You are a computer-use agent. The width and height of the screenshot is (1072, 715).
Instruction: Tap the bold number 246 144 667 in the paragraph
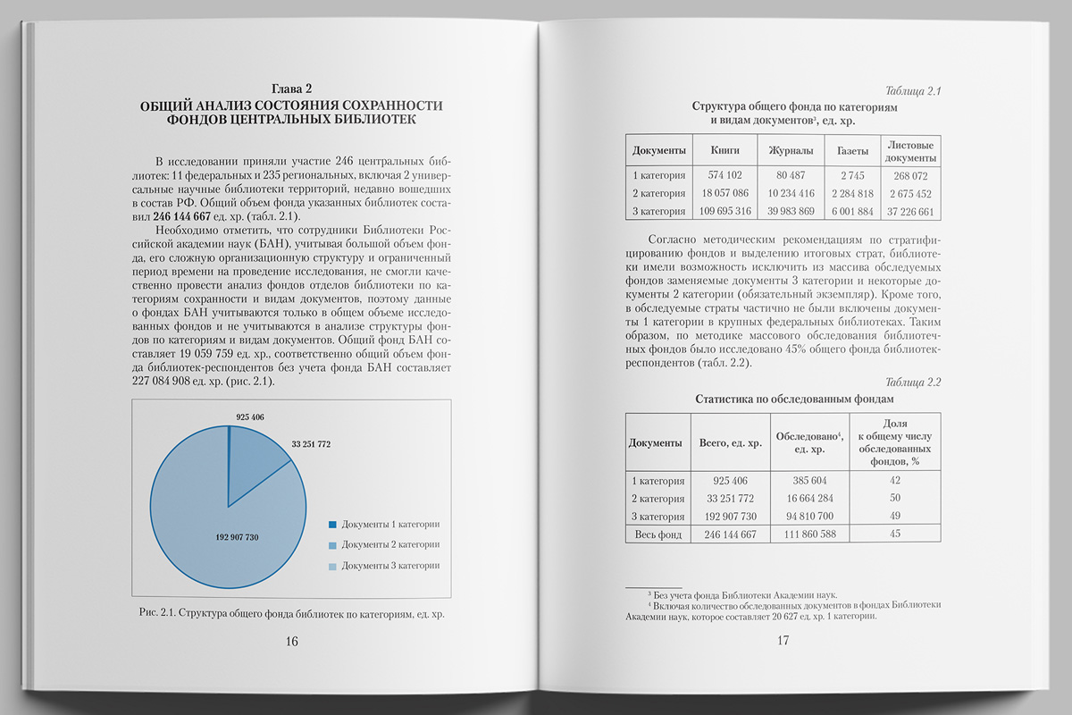[181, 216]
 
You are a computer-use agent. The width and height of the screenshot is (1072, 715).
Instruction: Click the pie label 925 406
[250, 417]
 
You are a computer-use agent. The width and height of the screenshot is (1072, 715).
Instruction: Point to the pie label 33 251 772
[311, 444]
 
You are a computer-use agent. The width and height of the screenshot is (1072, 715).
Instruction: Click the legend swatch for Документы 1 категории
[332, 524]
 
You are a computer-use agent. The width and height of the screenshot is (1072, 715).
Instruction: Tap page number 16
[291, 641]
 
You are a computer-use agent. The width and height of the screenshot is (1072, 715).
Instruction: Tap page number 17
[783, 640]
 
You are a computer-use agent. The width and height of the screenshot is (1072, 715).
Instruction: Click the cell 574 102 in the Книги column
[724, 176]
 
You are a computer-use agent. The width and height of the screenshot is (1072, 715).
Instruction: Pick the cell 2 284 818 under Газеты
[851, 194]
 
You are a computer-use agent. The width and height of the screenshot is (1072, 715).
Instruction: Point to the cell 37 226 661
[910, 212]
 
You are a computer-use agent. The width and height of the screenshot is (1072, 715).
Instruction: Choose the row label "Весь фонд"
[657, 534]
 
